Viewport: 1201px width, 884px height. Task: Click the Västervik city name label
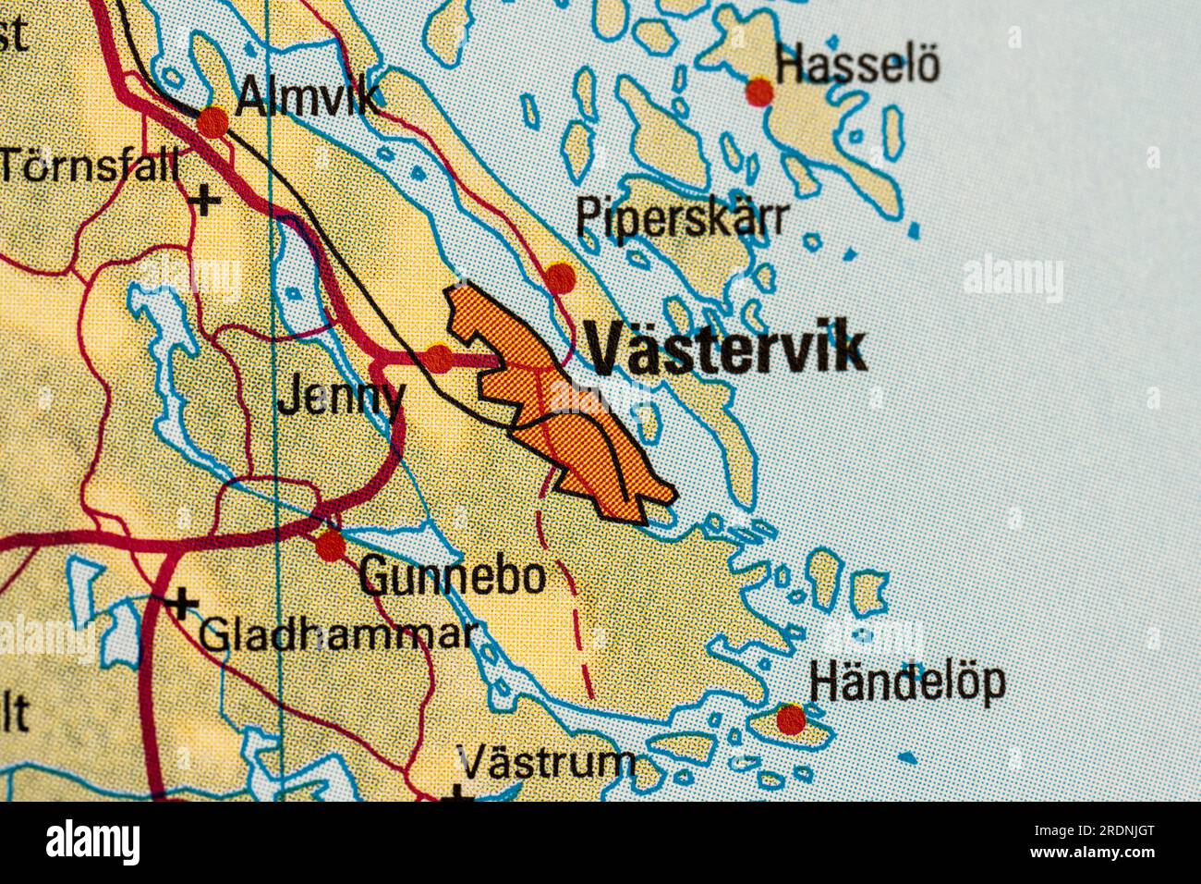726,350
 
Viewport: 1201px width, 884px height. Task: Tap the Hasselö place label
857,67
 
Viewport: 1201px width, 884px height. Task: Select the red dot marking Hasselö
759,92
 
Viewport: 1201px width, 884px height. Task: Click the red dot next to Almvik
212,121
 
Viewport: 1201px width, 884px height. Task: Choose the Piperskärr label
683,218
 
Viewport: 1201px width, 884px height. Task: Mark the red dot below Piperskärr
560,276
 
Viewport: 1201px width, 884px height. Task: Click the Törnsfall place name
90,166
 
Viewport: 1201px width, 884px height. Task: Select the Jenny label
341,399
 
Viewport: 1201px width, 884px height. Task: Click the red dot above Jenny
439,358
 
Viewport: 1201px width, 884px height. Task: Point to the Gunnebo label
452,577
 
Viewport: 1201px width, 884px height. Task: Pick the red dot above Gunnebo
330,546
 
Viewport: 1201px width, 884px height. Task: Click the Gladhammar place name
339,634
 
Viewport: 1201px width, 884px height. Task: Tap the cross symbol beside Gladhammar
182,605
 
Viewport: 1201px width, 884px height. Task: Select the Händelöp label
906,682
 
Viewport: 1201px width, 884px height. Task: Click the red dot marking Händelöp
790,718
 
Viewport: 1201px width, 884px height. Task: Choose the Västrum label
547,764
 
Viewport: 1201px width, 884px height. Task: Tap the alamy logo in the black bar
93,843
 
